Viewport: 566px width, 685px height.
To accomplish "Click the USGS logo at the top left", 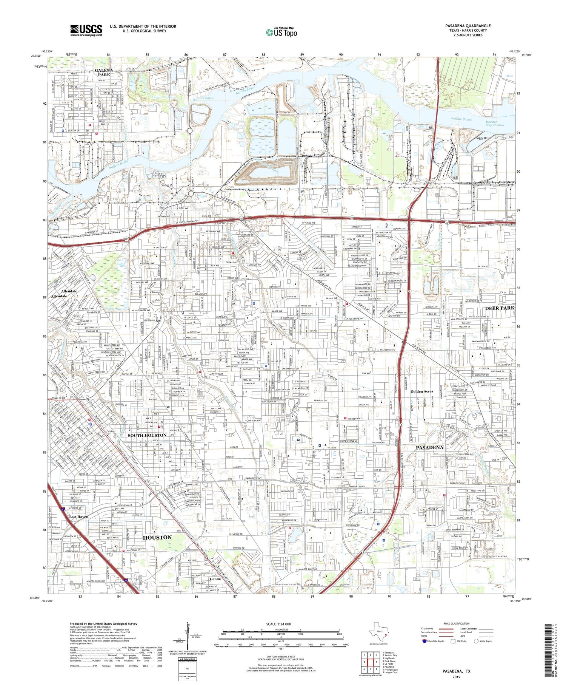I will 86,30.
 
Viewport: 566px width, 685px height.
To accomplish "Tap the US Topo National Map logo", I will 281,32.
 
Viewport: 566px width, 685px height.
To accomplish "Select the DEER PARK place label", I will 500,308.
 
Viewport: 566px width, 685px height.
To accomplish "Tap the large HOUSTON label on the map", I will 157,537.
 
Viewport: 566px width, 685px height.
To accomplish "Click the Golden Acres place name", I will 421,391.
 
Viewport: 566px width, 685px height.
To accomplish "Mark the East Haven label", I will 78,516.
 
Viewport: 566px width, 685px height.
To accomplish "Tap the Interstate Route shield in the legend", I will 424,641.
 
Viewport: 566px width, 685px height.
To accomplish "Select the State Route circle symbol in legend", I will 476,641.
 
